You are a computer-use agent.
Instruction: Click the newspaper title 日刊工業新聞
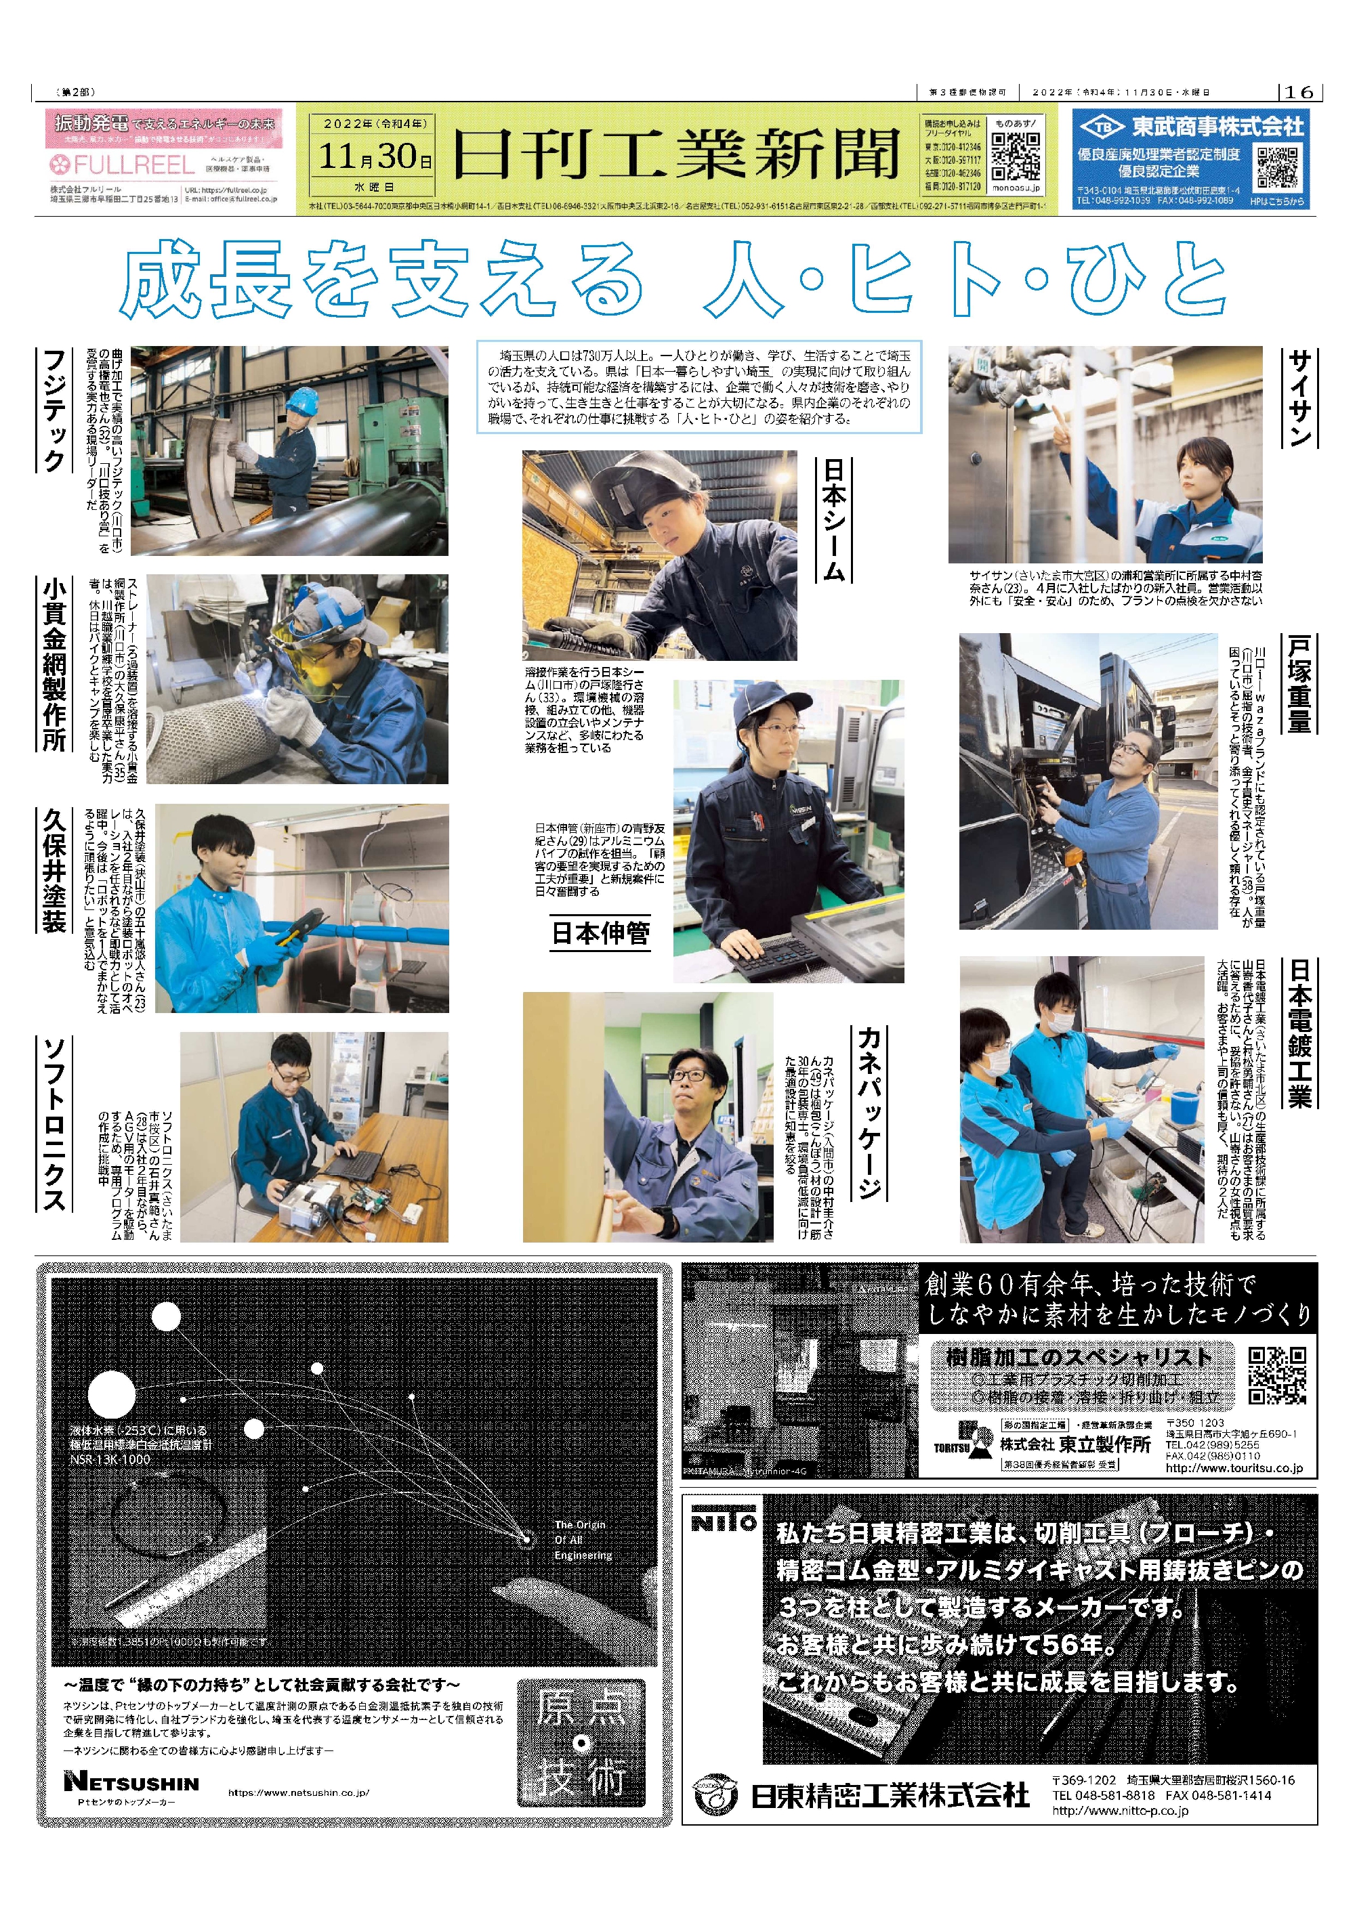click(x=677, y=154)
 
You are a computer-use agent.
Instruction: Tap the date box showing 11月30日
click(x=375, y=154)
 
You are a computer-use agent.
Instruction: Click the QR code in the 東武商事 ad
click(x=1276, y=167)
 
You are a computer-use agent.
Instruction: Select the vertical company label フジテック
click(x=54, y=410)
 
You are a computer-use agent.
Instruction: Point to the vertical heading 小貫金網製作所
click(x=54, y=663)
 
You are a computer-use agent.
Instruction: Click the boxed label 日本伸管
click(x=601, y=932)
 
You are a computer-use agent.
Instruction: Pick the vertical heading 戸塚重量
click(x=1299, y=684)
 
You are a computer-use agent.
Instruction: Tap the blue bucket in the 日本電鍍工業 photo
click(x=1185, y=1106)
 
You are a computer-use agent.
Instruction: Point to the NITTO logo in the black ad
click(x=724, y=1522)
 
